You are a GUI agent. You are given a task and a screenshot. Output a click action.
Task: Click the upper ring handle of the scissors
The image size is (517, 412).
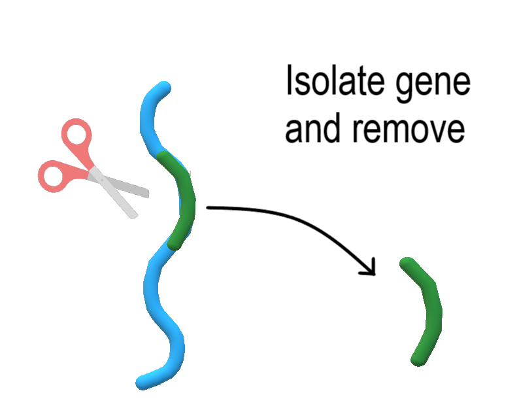click(76, 135)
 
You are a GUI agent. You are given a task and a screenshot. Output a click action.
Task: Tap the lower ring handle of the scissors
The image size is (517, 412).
click(54, 175)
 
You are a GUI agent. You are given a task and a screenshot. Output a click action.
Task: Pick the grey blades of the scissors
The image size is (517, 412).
click(124, 190)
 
